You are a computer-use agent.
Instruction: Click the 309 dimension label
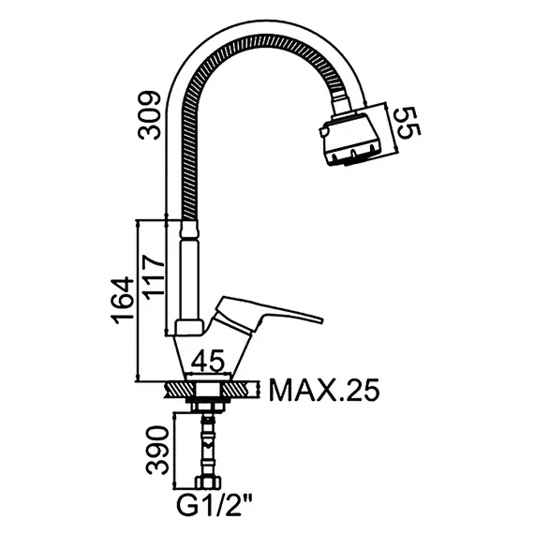click(149, 115)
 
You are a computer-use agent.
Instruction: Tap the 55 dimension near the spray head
click(409, 123)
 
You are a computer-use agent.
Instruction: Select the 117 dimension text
click(153, 277)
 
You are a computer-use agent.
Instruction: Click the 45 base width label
click(208, 361)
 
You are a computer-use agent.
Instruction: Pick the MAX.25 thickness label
click(324, 391)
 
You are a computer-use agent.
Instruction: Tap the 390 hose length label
click(157, 450)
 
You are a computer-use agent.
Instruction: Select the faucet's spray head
click(350, 138)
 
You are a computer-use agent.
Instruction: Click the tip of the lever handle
click(322, 319)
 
